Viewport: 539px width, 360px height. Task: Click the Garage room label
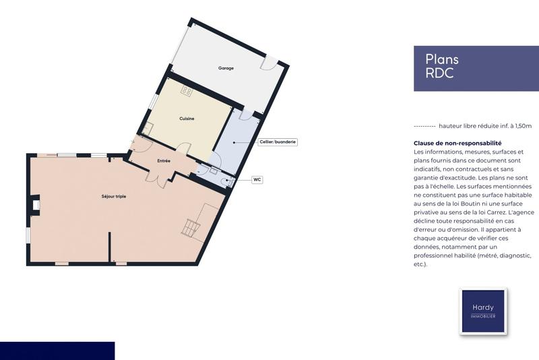226,68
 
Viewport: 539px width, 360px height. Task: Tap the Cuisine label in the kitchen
187,119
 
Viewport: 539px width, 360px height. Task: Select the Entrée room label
164,161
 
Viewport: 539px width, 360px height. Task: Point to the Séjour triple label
114,196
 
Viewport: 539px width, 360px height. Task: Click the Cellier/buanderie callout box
278,142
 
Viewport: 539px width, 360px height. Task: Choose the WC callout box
257,180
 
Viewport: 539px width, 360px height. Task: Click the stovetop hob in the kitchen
187,91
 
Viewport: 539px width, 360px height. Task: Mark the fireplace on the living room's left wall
36,204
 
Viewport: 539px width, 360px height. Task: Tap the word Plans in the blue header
442,59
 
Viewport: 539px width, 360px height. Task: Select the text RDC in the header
439,73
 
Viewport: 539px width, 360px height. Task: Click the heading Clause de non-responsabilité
457,144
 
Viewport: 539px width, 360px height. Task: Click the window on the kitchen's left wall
154,101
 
